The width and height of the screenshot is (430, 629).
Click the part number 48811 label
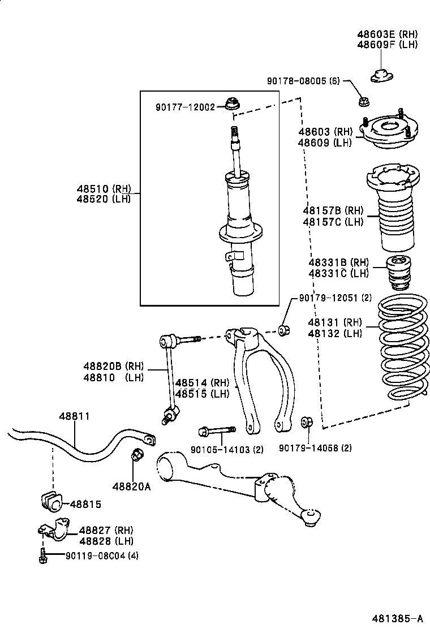pyautogui.click(x=74, y=416)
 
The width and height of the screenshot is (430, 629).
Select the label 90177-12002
pyautogui.click(x=184, y=106)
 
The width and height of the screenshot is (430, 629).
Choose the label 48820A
pyautogui.click(x=131, y=486)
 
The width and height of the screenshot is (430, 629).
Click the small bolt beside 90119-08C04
pyautogui.click(x=42, y=555)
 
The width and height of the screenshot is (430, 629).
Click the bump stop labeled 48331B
pyautogui.click(x=399, y=273)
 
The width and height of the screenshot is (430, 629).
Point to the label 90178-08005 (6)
pyautogui.click(x=303, y=81)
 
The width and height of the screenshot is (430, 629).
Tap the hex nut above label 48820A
pyautogui.click(x=137, y=454)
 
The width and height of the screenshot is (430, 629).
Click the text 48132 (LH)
pyautogui.click(x=335, y=334)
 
